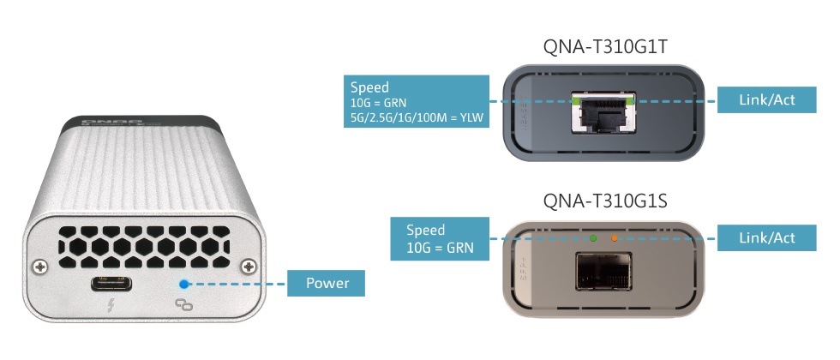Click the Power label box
(x=327, y=282)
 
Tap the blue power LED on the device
(x=183, y=285)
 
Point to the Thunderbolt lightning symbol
(x=111, y=306)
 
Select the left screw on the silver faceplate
(x=39, y=267)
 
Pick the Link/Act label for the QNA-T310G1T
(x=766, y=99)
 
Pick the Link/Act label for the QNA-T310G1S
(x=766, y=237)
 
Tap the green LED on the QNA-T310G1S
(x=592, y=237)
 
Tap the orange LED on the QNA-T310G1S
(x=613, y=237)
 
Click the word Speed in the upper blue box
(x=369, y=87)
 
